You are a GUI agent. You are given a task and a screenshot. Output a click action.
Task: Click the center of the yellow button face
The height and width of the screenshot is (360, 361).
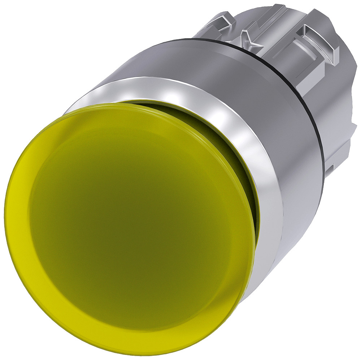(x=130, y=224)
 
